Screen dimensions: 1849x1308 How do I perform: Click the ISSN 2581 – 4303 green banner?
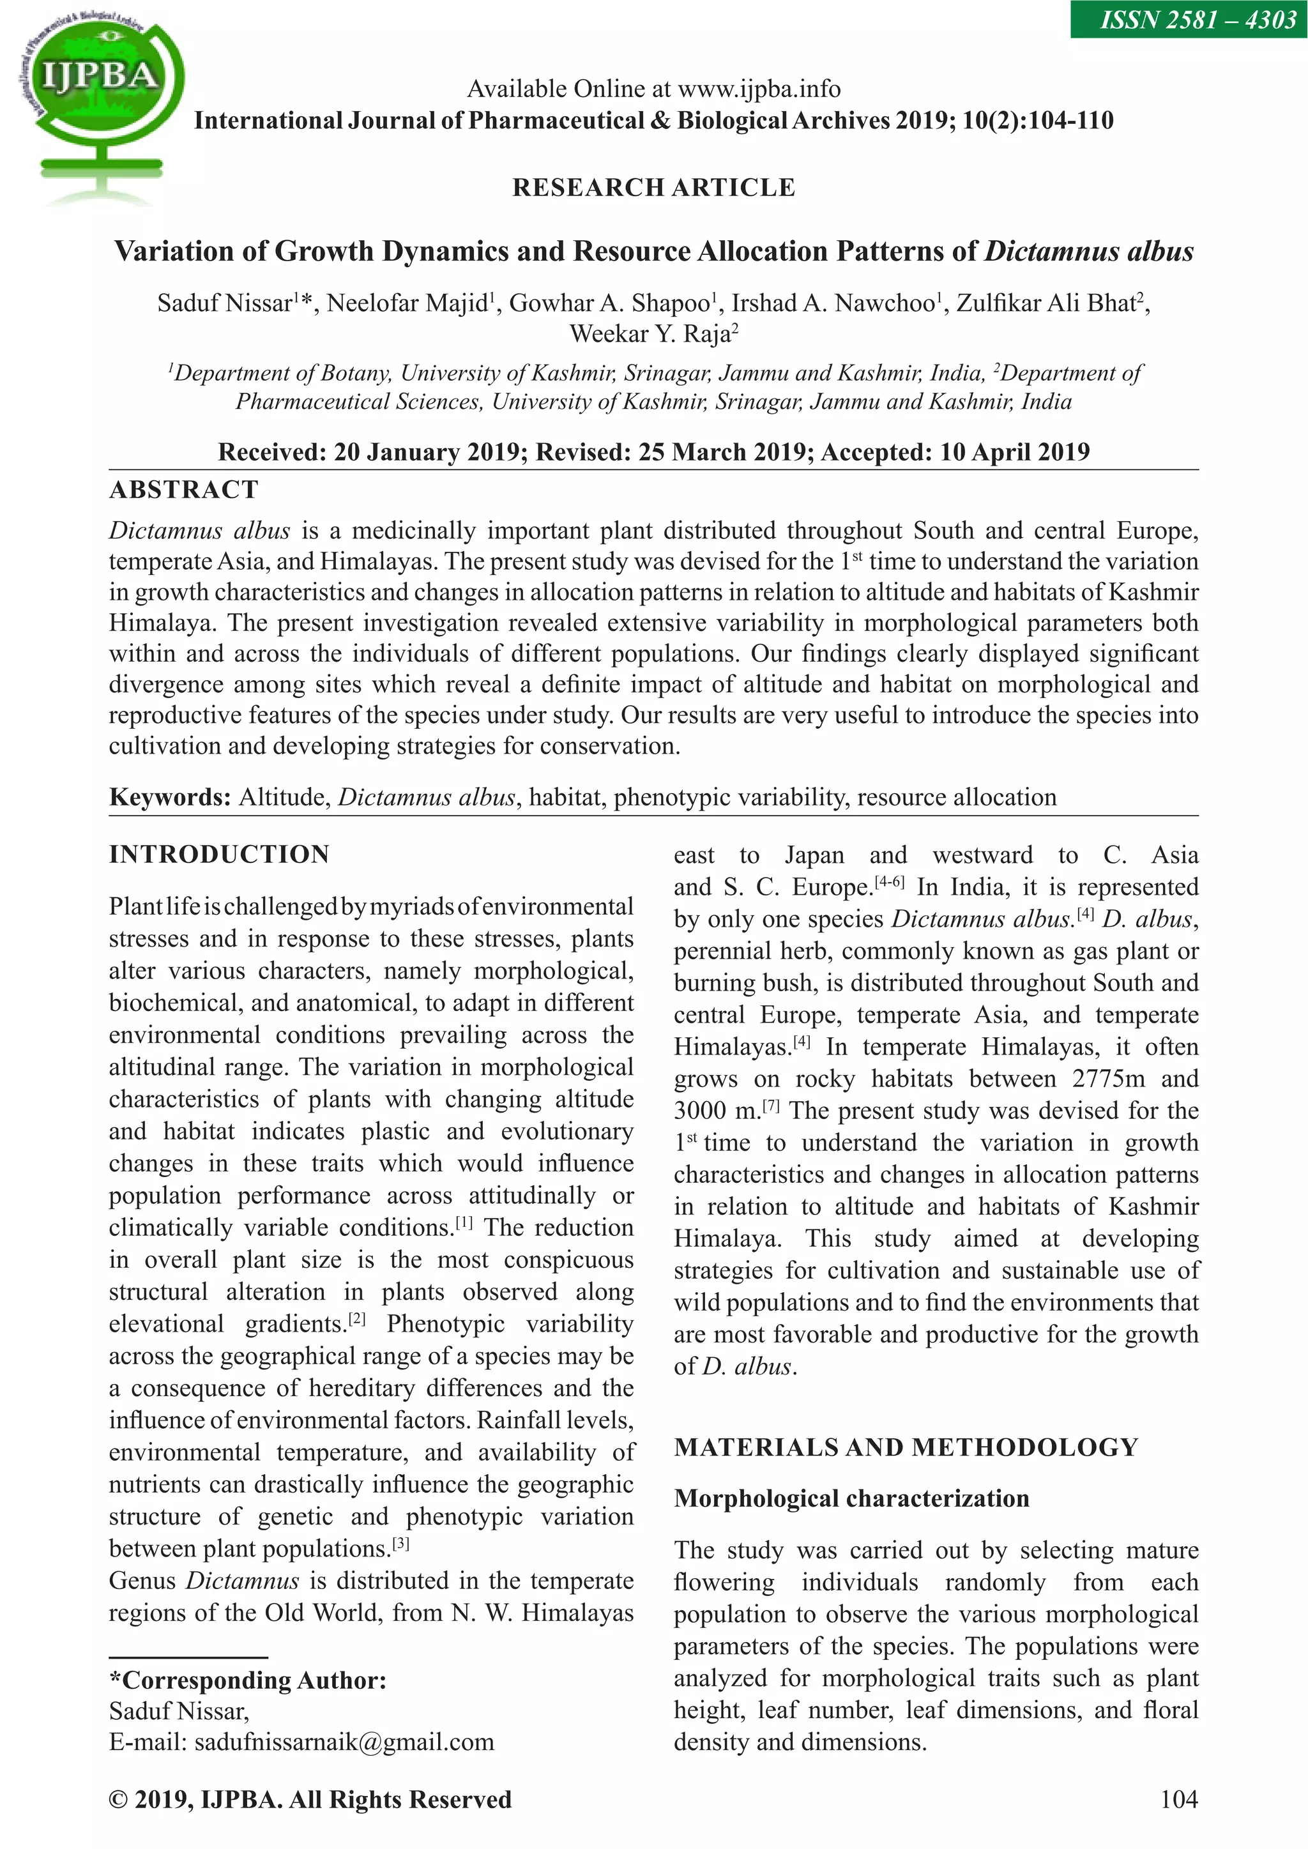click(1189, 19)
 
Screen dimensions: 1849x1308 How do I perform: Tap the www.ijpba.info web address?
click(759, 89)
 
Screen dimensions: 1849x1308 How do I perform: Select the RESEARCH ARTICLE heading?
click(653, 188)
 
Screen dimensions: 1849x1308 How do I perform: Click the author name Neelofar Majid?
click(407, 303)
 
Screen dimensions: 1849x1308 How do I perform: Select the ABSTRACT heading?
click(185, 490)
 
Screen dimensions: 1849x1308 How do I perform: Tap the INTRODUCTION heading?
click(219, 855)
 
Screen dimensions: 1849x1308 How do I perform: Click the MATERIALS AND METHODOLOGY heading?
click(906, 1447)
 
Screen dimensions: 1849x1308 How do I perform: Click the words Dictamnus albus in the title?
click(1088, 251)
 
